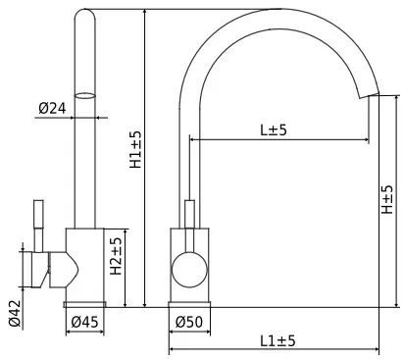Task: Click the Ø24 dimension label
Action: pos(53,108)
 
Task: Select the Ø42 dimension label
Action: pos(15,313)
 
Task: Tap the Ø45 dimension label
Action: pos(84,322)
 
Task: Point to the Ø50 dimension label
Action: pos(188,322)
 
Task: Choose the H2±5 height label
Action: pos(116,257)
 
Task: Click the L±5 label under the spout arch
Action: pos(274,129)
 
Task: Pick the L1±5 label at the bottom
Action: pos(278,340)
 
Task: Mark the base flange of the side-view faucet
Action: pos(84,303)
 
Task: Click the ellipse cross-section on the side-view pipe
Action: pos(85,96)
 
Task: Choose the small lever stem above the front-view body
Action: pos(188,213)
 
